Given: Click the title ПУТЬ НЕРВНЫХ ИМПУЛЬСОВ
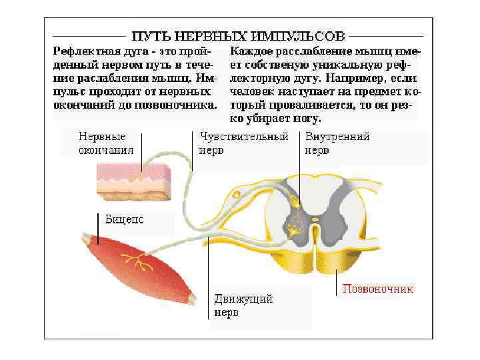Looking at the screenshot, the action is click(x=238, y=34).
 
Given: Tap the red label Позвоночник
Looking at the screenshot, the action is click(x=378, y=289).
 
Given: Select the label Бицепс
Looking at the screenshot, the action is click(x=125, y=219).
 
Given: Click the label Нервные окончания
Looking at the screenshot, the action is click(x=106, y=143).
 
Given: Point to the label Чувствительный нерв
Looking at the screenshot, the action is click(x=244, y=143).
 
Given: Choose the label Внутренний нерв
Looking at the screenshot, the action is click(x=337, y=143).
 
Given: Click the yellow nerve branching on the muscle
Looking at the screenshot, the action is click(x=142, y=262).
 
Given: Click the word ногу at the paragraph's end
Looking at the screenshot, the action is click(x=306, y=119).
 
